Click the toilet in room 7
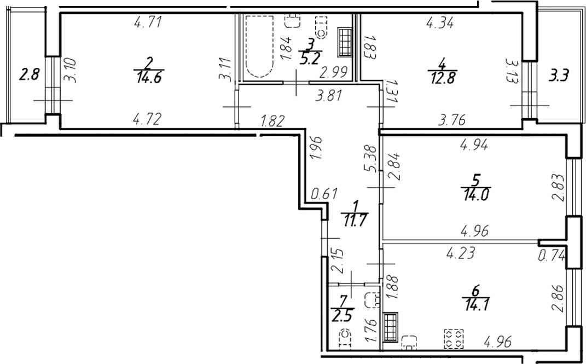(x=345, y=339)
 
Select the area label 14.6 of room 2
(x=146, y=77)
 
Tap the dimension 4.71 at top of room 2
(x=147, y=23)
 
